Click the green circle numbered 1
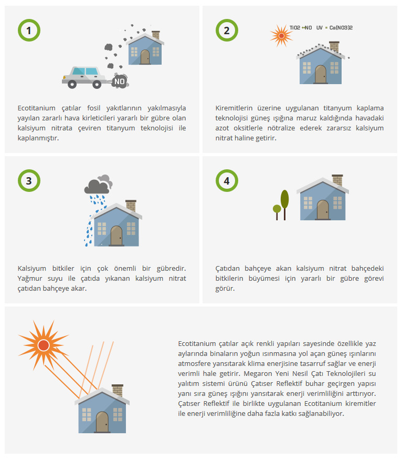pyautogui.click(x=29, y=30)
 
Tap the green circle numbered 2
pyautogui.click(x=227, y=30)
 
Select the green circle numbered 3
pyautogui.click(x=29, y=180)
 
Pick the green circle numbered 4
pyautogui.click(x=227, y=180)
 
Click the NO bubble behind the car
pyautogui.click(x=120, y=81)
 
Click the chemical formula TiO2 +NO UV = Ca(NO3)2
pyautogui.click(x=321, y=27)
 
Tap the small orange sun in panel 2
pyautogui.click(x=281, y=35)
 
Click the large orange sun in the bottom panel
pyautogui.click(x=43, y=345)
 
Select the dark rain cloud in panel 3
pyautogui.click(x=97, y=186)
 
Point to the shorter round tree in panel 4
pyautogui.click(x=277, y=210)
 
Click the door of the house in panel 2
pyautogui.click(x=320, y=74)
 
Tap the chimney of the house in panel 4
pyautogui.click(x=337, y=180)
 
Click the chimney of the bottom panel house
pyautogui.click(x=118, y=390)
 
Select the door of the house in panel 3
pyautogui.click(x=116, y=236)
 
